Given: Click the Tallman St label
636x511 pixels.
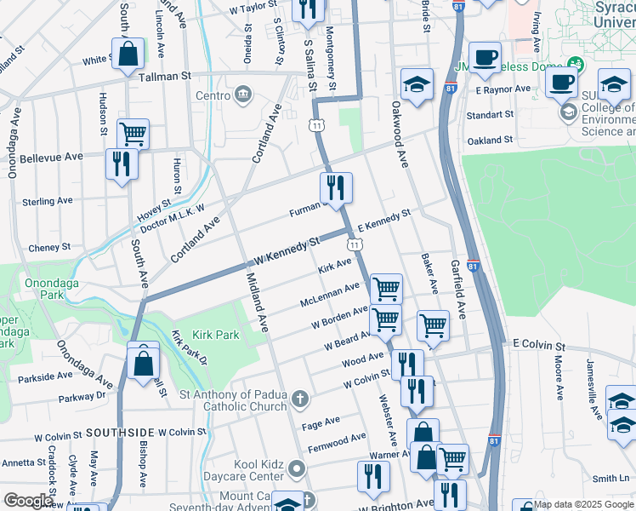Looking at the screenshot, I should (164, 76).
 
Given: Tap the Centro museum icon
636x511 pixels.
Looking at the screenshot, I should (243, 93).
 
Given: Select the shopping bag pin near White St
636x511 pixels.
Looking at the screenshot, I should (127, 54).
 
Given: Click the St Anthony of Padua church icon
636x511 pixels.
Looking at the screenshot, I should (299, 399).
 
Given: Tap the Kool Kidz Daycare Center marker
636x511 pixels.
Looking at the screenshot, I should (296, 468).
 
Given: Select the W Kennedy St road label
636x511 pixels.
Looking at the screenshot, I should (287, 252).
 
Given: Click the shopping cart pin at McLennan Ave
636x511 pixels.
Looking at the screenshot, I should (386, 289).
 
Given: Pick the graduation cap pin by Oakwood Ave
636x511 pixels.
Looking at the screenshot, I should (417, 84).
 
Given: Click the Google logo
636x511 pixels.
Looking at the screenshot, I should (29, 501).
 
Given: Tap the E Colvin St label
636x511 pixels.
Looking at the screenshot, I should (538, 345).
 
